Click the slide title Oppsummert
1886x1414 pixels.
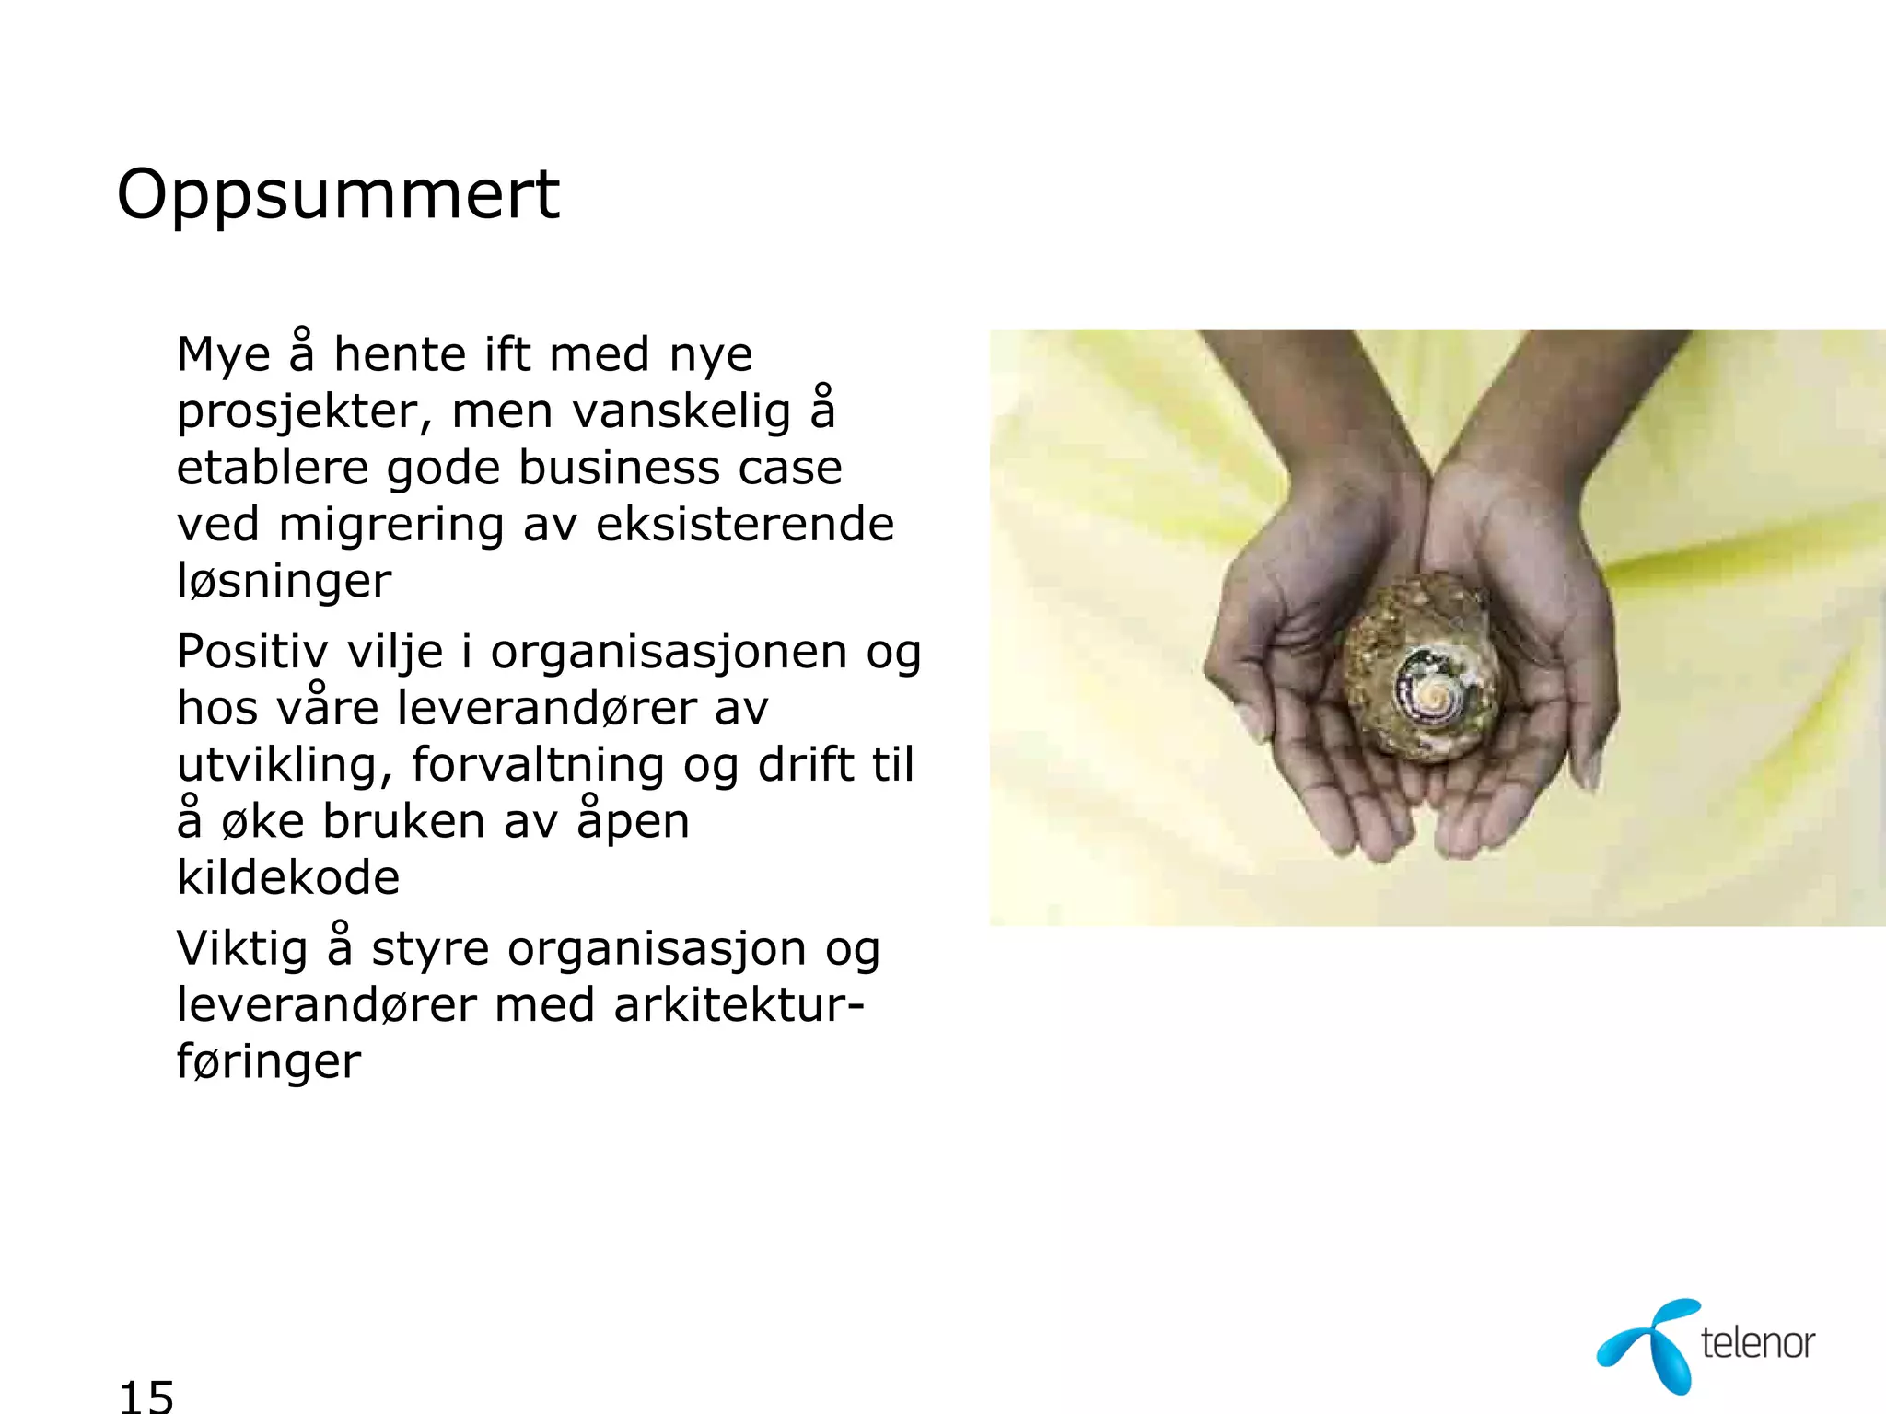[x=338, y=196]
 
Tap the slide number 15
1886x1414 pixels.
[x=146, y=1396]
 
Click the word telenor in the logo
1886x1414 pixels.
[x=1757, y=1343]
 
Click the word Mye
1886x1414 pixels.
[x=224, y=355]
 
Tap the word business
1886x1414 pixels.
[x=617, y=468]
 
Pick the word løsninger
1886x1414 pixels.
[x=285, y=581]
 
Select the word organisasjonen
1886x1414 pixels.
[x=669, y=652]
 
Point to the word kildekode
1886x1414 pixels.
[x=288, y=877]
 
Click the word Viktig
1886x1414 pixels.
[x=242, y=949]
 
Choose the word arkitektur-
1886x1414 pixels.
[x=739, y=1004]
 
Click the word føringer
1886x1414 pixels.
[x=269, y=1061]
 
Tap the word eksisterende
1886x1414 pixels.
[x=745, y=525]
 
